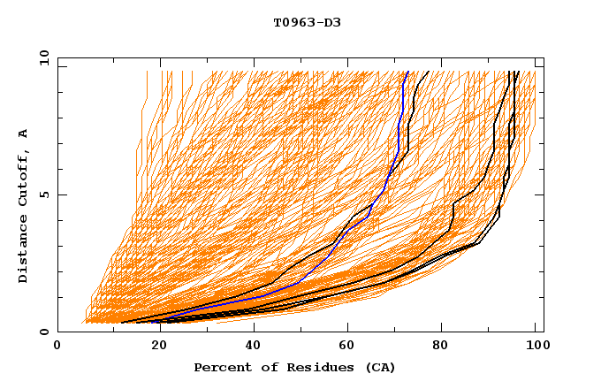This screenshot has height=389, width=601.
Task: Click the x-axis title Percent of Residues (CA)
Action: (295, 367)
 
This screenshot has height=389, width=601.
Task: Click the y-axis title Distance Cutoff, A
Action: (23, 205)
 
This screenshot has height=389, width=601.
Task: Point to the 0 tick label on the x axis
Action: (57, 347)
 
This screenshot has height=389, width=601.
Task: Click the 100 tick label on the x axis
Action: (535, 347)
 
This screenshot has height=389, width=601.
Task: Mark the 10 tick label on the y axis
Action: (43, 58)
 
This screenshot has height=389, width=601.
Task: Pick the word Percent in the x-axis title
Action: (220, 367)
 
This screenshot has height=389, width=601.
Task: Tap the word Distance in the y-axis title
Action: (23, 249)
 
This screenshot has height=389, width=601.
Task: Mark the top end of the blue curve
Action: (407, 72)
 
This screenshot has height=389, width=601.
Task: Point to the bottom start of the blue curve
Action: (160, 320)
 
